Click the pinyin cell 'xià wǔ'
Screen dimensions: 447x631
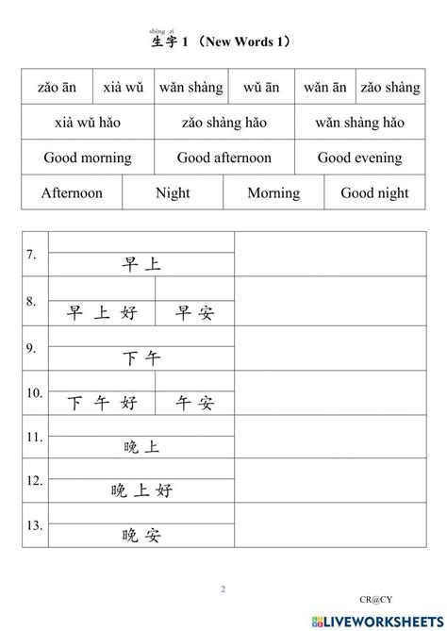click(x=123, y=88)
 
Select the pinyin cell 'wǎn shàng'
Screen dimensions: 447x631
click(x=190, y=88)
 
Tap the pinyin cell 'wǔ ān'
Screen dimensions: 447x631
click(x=261, y=88)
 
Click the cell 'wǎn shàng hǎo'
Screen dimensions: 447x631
click(x=359, y=123)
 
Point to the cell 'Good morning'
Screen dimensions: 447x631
click(x=88, y=158)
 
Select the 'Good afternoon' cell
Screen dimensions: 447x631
click(x=224, y=158)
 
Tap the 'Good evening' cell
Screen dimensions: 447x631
click(x=359, y=158)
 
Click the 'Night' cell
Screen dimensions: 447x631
click(x=173, y=192)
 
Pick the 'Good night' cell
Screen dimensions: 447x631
click(x=374, y=192)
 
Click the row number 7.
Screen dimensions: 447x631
click(x=31, y=254)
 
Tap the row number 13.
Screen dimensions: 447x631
click(x=34, y=525)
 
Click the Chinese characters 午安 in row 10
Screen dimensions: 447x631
click(x=195, y=403)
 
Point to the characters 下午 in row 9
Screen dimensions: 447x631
click(x=141, y=358)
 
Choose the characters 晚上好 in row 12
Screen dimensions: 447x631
click(x=141, y=490)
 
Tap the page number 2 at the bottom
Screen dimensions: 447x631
click(x=223, y=589)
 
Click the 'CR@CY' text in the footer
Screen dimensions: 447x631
click(x=373, y=598)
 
